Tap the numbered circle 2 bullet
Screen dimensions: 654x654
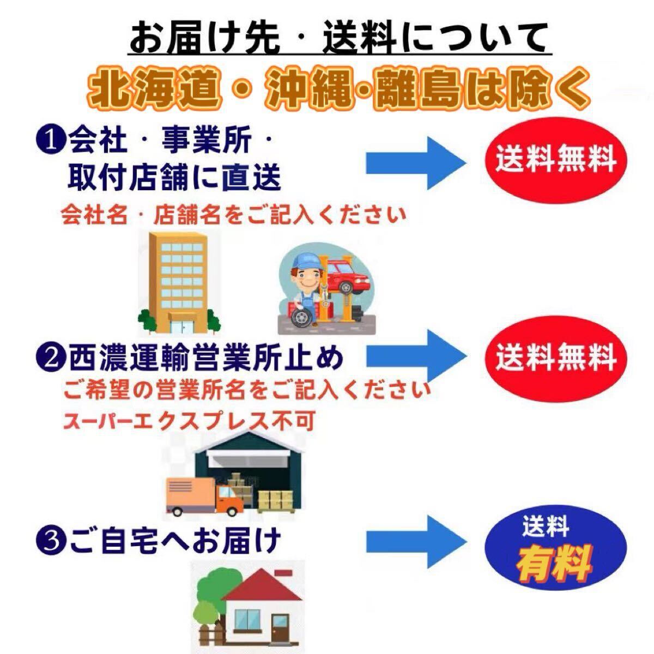pyautogui.click(x=51, y=359)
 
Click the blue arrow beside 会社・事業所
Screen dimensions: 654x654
pyautogui.click(x=416, y=163)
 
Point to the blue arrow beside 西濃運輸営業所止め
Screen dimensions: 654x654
pyautogui.click(x=416, y=356)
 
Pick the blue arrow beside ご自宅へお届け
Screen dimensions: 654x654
pyautogui.click(x=416, y=542)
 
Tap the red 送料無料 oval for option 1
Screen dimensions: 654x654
pyautogui.click(x=555, y=160)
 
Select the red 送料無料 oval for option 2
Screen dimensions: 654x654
pyautogui.click(x=555, y=359)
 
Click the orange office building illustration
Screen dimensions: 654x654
pyautogui.click(x=179, y=282)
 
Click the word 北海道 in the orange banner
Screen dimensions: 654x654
pyautogui.click(x=154, y=88)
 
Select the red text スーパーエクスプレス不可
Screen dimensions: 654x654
pyautogui.click(x=189, y=421)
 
